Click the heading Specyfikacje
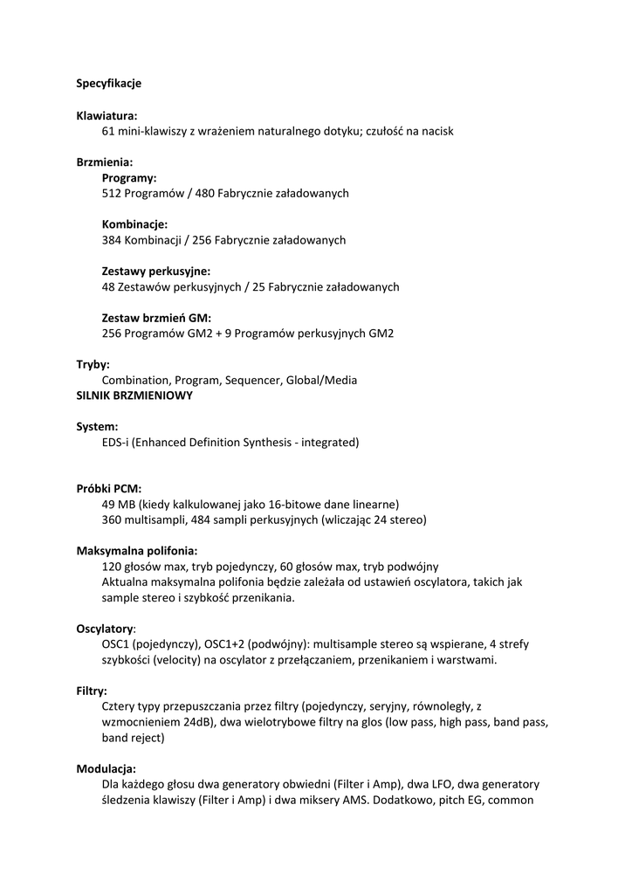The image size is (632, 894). pos(109,84)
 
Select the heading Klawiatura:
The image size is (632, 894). pos(106,115)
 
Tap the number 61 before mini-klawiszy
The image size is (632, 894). pos(109,131)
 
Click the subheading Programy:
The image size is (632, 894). pos(129,177)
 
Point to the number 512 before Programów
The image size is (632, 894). pos(112,193)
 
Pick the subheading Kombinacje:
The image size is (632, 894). pos(134,224)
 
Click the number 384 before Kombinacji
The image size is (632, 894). pos(112,240)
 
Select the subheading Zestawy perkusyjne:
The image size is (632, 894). pos(156,272)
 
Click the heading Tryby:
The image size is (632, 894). pos(93,365)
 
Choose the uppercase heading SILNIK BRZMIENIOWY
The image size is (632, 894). pos(135,395)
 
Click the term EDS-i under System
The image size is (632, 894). pos(116,443)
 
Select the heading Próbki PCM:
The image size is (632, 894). pos(109,489)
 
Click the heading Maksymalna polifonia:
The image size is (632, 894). pos(137,551)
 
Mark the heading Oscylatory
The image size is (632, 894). pos(105,629)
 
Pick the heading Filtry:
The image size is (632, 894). pos(92,691)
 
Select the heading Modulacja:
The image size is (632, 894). pos(106,768)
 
